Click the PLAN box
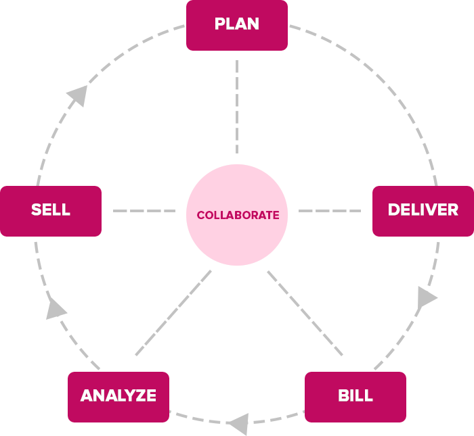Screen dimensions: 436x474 pyautogui.click(x=237, y=25)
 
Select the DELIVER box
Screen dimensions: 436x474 pyautogui.click(x=423, y=211)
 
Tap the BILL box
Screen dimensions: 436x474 pyautogui.click(x=355, y=396)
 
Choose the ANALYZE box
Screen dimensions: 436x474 pyautogui.click(x=118, y=396)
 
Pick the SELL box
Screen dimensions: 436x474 pyautogui.click(x=51, y=211)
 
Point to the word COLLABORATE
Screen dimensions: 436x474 pyautogui.click(x=238, y=216)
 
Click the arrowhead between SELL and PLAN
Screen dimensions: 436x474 pyautogui.click(x=79, y=96)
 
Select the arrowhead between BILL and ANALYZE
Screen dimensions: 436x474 pyautogui.click(x=238, y=425)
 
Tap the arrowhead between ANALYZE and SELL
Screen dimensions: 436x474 pyautogui.click(x=55, y=309)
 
